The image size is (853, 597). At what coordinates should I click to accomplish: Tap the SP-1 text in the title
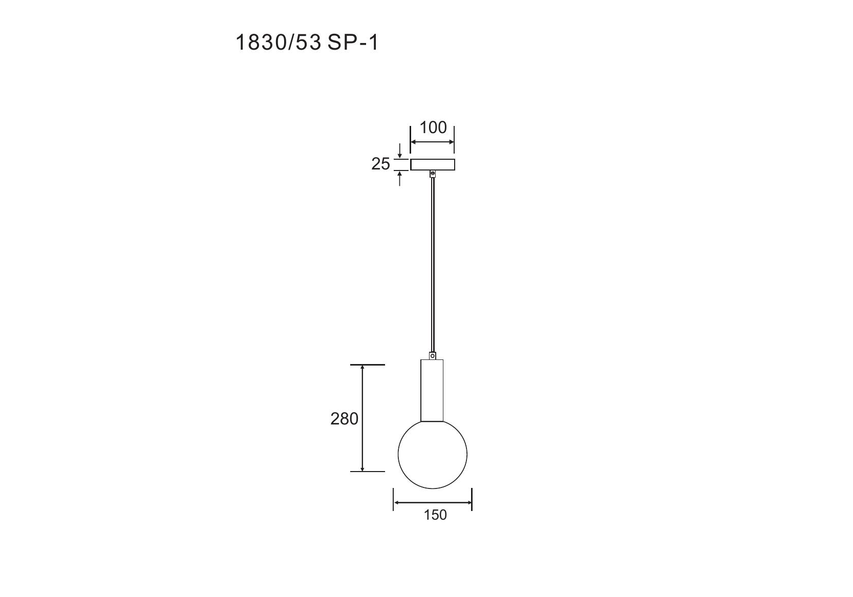click(x=353, y=42)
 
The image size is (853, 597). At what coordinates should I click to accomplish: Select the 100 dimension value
click(x=433, y=127)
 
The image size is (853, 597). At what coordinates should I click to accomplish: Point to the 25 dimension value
click(x=380, y=164)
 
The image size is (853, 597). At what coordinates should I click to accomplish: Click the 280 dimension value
click(x=344, y=419)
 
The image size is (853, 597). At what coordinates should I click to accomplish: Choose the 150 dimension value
click(x=435, y=515)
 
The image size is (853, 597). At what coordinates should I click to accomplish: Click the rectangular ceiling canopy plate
click(x=432, y=164)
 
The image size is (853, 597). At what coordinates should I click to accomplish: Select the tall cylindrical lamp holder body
click(x=432, y=390)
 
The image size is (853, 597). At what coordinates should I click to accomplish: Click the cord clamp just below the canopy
click(x=432, y=174)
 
